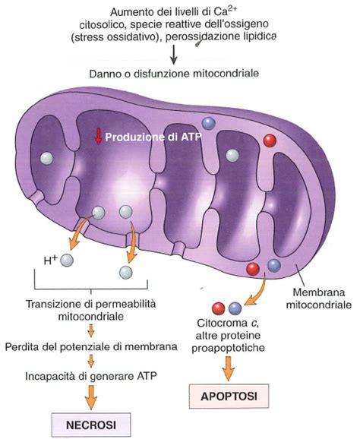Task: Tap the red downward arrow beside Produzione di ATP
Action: tap(97, 137)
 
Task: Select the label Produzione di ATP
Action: tap(142, 137)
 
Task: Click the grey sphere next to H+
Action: tap(68, 261)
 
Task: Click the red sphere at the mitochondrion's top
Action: tap(268, 141)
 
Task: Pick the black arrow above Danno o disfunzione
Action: tap(174, 55)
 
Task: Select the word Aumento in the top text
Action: tap(130, 13)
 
